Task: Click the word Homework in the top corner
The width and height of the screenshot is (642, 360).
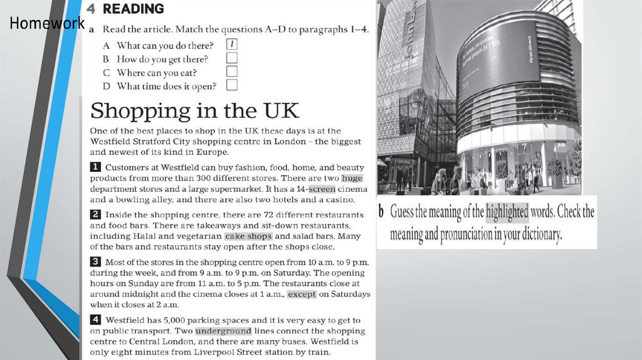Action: coord(46,24)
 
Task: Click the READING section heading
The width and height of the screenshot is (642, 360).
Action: coord(134,9)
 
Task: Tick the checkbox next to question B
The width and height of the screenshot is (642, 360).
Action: coord(231,58)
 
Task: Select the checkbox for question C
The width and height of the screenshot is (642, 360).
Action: coord(231,72)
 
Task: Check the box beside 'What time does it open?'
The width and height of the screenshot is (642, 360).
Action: coord(231,86)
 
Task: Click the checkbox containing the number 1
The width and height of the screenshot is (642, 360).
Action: coord(231,45)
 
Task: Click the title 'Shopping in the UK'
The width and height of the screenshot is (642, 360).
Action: coord(195,111)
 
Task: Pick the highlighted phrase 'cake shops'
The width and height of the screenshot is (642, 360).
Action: coord(248,236)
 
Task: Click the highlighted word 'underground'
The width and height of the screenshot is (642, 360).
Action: coord(223,331)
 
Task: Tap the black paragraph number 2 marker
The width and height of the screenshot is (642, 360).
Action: coord(96,214)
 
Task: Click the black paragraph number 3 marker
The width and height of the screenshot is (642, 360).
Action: coord(96,262)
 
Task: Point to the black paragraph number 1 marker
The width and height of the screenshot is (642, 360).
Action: coord(96,167)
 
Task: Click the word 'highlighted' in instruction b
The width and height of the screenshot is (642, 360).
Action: coord(507,212)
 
